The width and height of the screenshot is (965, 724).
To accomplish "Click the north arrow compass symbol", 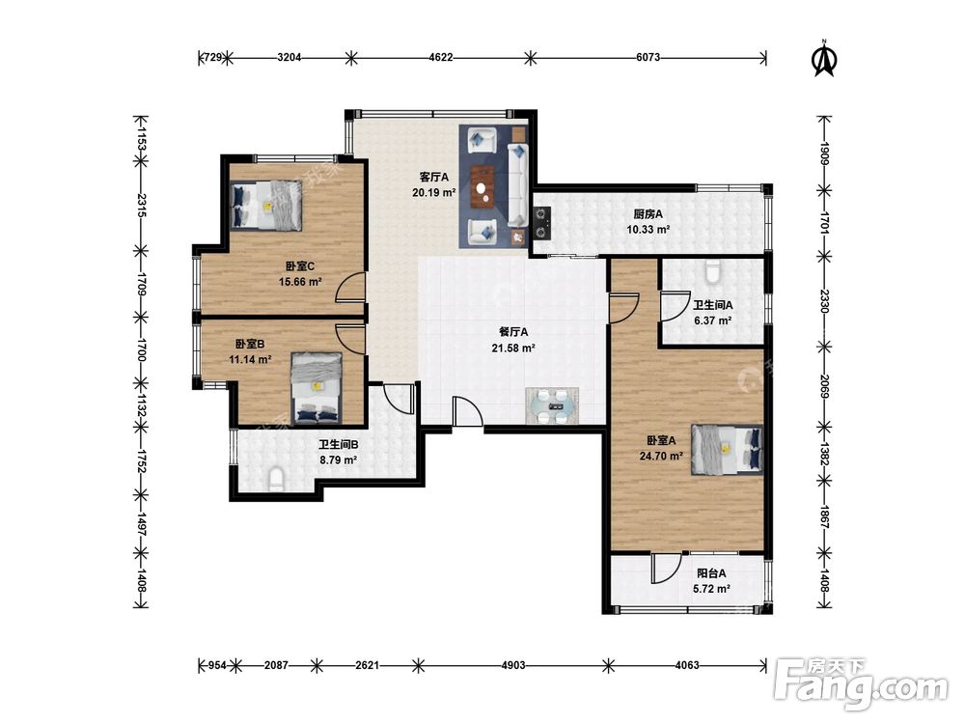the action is click(x=825, y=59).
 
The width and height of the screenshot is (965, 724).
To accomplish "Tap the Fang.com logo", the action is click(x=862, y=684).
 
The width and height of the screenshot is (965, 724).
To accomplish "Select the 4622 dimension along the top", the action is click(x=441, y=58).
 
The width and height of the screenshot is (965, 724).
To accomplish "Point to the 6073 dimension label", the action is click(x=648, y=58).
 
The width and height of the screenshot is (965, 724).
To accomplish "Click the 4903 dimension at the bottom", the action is click(x=513, y=665).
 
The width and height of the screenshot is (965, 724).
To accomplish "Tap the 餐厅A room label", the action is click(x=513, y=332).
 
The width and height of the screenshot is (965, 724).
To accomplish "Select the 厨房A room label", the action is click(x=648, y=214).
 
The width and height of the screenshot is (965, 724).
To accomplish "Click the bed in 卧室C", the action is click(x=266, y=205).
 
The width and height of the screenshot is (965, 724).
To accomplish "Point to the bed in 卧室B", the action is click(x=317, y=388).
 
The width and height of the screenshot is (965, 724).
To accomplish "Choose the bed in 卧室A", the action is click(x=727, y=450).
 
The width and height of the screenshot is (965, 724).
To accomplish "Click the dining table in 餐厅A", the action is click(x=552, y=405).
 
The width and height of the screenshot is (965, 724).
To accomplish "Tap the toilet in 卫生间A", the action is click(x=713, y=271).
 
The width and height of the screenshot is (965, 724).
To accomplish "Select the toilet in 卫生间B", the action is click(x=276, y=479).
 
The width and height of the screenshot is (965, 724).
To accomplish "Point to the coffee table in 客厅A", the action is click(x=484, y=186).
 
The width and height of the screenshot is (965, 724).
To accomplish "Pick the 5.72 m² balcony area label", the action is click(x=711, y=589).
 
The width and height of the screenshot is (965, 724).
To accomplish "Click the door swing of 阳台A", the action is click(x=666, y=569).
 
